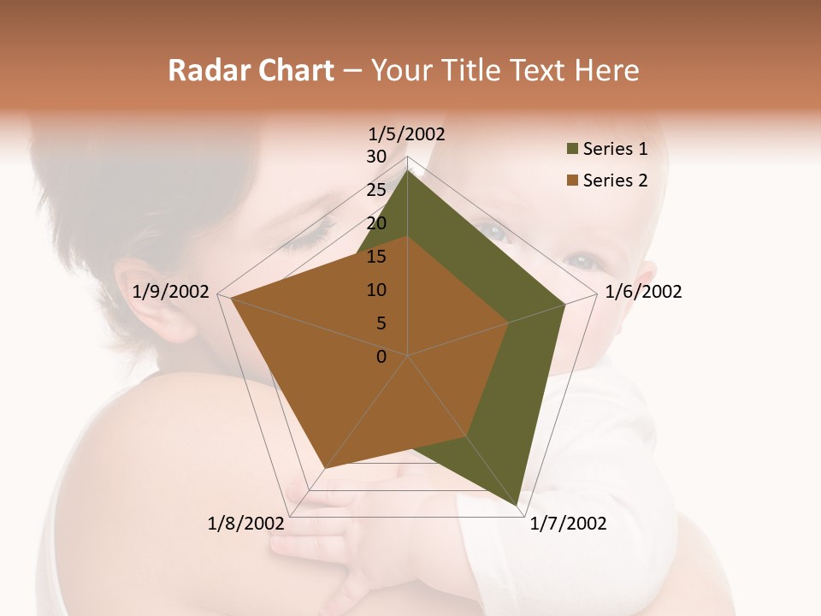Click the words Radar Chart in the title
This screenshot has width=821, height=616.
click(251, 71)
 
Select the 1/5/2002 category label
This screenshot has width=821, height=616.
click(406, 133)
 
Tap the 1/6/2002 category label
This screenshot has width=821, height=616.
click(643, 292)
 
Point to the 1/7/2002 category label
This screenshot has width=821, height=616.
click(568, 524)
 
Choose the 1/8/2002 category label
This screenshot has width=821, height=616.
click(245, 524)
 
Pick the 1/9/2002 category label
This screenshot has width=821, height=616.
click(171, 292)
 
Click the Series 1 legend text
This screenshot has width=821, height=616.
click(615, 149)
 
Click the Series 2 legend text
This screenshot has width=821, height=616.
click(615, 181)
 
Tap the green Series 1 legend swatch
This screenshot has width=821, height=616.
click(572, 150)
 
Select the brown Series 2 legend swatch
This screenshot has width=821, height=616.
click(572, 181)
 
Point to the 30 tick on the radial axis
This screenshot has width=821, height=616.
click(376, 157)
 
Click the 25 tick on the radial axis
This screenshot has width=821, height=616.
click(376, 190)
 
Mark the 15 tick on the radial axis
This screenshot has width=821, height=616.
click(376, 257)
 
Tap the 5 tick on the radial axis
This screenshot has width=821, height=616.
click(381, 323)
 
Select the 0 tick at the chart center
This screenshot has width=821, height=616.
click(381, 357)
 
